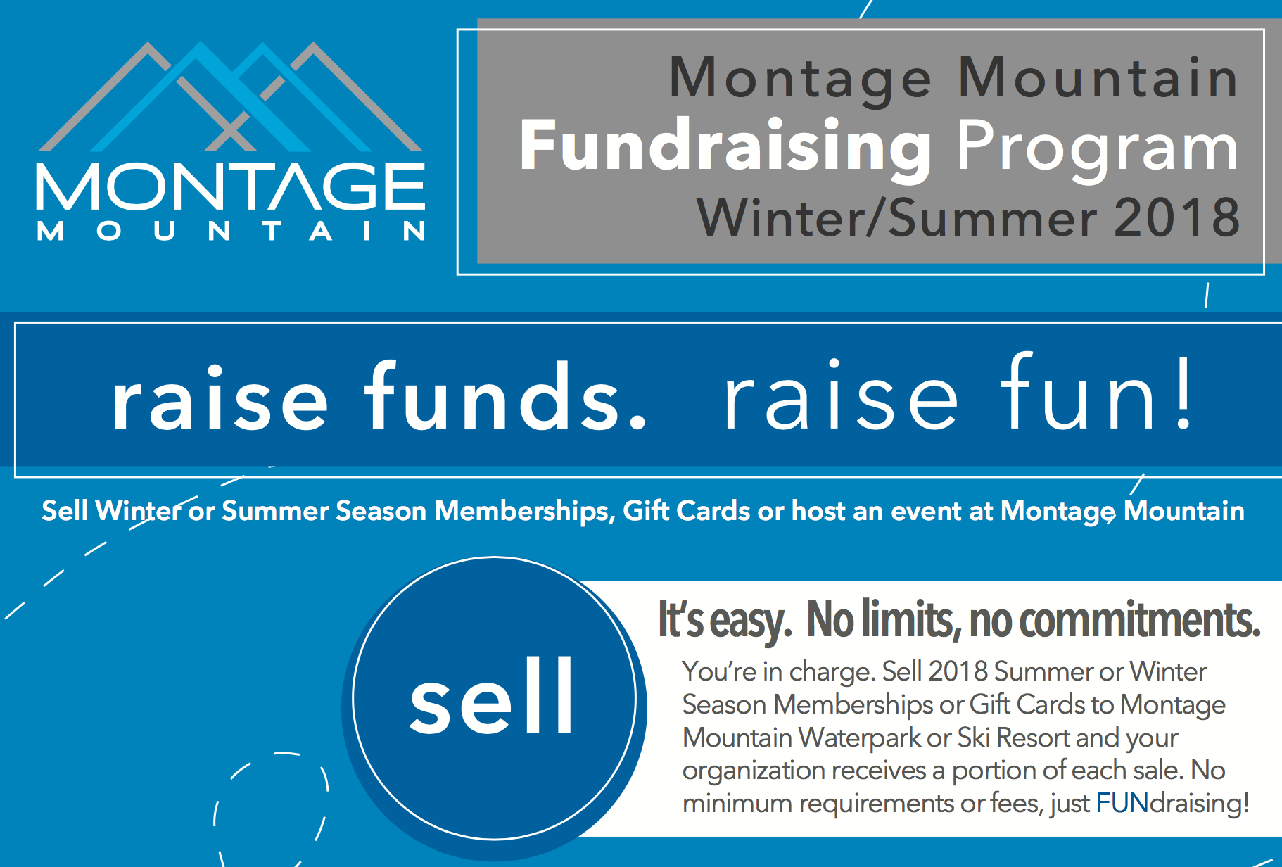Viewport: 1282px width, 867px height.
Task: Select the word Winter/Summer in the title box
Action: (896, 217)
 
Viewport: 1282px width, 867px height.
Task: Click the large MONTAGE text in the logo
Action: (231, 186)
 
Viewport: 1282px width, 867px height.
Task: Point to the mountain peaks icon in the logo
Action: (231, 96)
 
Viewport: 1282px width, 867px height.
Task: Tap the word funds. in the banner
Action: (505, 396)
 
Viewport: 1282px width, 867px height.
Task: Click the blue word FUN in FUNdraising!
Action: (1122, 803)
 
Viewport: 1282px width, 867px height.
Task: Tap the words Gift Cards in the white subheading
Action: (687, 511)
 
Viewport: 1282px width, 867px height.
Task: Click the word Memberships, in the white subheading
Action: (525, 512)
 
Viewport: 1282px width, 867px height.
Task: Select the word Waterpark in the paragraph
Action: (859, 738)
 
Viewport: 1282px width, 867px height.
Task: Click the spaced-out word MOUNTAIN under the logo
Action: (231, 231)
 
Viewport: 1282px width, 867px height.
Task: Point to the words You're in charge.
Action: (779, 672)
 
